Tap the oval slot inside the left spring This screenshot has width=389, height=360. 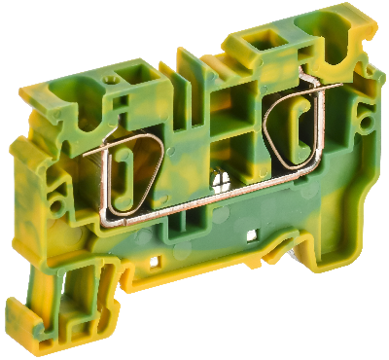click(124, 174)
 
